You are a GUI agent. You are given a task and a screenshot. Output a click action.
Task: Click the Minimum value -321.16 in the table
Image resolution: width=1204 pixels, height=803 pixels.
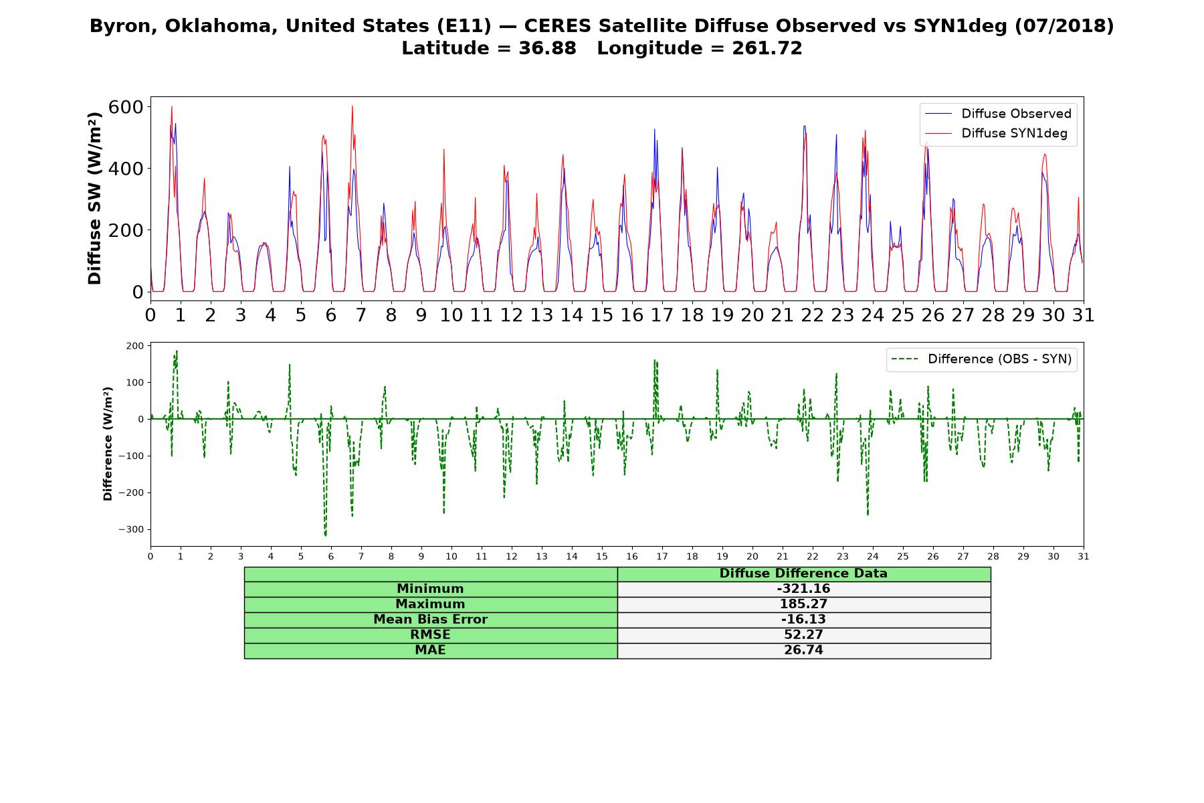click(x=803, y=589)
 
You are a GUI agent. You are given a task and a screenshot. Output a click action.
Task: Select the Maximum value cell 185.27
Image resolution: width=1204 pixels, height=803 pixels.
click(x=803, y=604)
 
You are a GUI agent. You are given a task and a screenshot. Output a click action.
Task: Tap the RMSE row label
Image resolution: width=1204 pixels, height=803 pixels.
click(x=430, y=635)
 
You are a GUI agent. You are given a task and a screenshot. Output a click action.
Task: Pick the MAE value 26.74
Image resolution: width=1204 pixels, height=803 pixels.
click(x=803, y=650)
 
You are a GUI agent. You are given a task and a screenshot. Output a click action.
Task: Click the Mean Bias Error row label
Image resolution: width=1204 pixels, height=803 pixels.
click(x=430, y=620)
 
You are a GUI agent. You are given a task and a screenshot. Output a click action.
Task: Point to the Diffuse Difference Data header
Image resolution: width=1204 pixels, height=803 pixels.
click(x=803, y=573)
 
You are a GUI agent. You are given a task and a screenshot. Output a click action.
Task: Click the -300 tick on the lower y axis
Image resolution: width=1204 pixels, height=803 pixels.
click(x=131, y=529)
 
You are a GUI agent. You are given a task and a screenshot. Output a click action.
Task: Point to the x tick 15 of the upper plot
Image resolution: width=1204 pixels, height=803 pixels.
click(x=601, y=315)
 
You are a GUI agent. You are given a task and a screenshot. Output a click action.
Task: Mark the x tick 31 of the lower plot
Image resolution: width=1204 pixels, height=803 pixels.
click(x=1084, y=556)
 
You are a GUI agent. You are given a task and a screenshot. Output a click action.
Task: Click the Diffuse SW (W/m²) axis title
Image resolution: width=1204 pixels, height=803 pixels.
click(x=95, y=199)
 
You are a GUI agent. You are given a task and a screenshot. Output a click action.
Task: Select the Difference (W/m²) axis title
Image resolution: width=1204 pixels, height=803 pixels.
click(x=108, y=444)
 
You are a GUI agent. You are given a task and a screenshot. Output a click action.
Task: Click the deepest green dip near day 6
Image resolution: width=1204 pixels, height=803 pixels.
click(x=326, y=535)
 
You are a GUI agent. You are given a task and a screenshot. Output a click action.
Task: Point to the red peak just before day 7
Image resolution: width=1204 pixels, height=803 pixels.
click(x=352, y=106)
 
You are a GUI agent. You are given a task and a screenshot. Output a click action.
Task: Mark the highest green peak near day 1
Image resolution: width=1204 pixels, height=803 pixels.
click(x=177, y=351)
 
